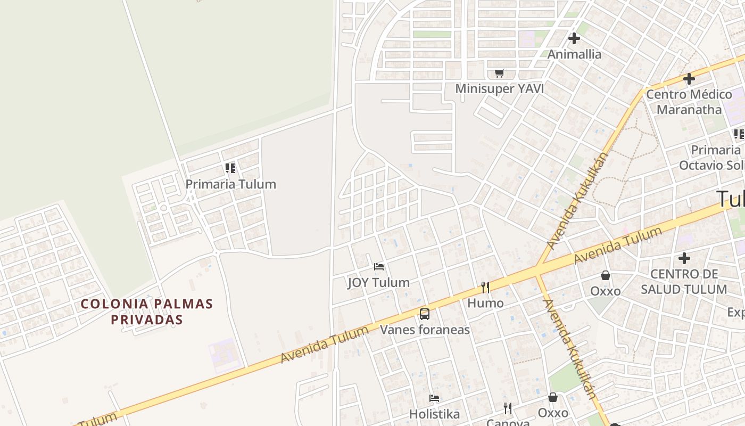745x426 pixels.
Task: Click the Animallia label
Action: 574,54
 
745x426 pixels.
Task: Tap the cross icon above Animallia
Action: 574,38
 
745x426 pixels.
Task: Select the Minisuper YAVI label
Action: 499,89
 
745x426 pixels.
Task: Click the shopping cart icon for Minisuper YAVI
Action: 499,73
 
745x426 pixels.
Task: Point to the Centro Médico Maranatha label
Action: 689,102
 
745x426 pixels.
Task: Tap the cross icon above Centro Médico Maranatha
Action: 689,79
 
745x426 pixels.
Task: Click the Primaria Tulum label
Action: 230,184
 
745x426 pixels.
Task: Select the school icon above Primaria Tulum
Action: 230,168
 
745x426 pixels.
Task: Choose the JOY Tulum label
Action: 378,282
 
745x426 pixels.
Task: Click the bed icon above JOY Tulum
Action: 379,266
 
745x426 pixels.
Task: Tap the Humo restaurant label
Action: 485,304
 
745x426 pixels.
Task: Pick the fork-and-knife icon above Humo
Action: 485,288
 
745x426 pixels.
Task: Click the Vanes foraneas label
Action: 425,330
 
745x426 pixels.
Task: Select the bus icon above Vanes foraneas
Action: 425,314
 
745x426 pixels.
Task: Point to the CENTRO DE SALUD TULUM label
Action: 684,282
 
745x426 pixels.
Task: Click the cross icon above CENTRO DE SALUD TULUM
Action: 684,259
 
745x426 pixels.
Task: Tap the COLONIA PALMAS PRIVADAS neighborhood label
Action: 147,312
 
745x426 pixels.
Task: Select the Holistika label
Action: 434,414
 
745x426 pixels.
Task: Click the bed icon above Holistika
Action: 434,398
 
